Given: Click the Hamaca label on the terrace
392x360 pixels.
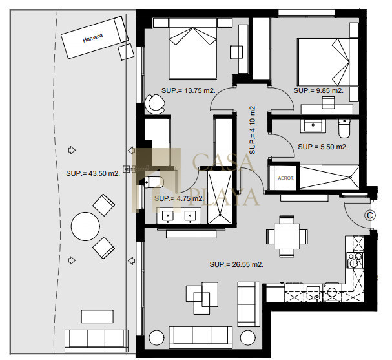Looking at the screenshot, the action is pyautogui.click(x=93, y=38).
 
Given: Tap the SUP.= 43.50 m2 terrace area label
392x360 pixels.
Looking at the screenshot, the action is pyautogui.click(x=93, y=173).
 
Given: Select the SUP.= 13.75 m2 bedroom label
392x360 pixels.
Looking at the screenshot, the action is pyautogui.click(x=188, y=90).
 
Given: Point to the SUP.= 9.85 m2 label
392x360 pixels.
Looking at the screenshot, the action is pyautogui.click(x=318, y=90).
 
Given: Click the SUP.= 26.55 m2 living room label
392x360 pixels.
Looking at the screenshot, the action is pyautogui.click(x=236, y=264).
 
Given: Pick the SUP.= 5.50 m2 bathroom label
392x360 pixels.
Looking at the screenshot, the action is pyautogui.click(x=323, y=147).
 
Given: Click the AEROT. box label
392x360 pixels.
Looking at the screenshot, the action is pyautogui.click(x=286, y=178).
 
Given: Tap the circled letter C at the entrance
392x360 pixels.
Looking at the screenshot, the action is pyautogui.click(x=370, y=215).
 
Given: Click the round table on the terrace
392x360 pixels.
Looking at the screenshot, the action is pyautogui.click(x=85, y=226).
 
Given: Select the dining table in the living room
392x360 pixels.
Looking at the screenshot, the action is pyautogui.click(x=287, y=237).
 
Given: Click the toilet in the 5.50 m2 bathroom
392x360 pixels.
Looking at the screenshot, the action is pyautogui.click(x=344, y=129).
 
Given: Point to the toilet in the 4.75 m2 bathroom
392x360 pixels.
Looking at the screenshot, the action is pyautogui.click(x=154, y=182).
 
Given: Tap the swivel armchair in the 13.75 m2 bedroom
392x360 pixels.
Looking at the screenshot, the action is pyautogui.click(x=155, y=104).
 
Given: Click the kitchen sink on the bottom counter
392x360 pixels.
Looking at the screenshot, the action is pyautogui.click(x=313, y=293).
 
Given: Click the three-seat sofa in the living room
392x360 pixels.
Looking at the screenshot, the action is pyautogui.click(x=200, y=337).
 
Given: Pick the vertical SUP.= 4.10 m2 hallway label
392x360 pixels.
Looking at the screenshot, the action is pyautogui.click(x=253, y=129).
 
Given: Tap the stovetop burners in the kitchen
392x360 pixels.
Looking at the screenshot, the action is pyautogui.click(x=355, y=260).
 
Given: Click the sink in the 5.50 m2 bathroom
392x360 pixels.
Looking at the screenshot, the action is pyautogui.click(x=313, y=126).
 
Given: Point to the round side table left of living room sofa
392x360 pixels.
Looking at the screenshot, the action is pyautogui.click(x=156, y=338).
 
